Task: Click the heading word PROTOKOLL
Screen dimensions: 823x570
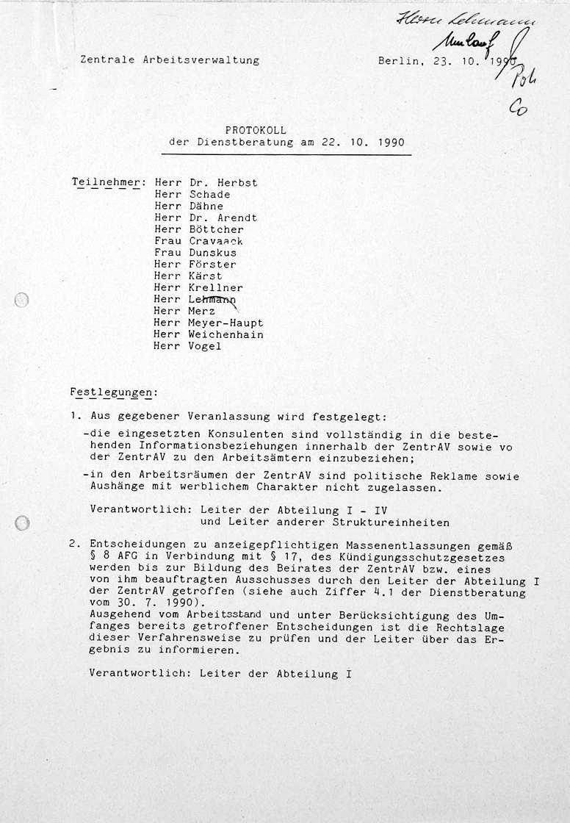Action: tap(256, 129)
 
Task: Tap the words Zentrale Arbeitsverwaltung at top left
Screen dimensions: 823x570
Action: tap(170, 60)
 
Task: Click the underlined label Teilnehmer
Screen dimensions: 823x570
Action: tap(108, 183)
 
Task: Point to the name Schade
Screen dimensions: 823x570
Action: tap(210, 195)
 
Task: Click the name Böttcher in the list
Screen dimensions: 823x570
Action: tap(219, 229)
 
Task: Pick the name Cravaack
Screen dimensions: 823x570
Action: tap(216, 241)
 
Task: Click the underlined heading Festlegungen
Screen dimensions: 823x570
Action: tap(113, 392)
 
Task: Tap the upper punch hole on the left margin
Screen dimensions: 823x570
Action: tap(22, 300)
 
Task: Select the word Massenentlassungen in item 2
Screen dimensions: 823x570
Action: tap(419, 546)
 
